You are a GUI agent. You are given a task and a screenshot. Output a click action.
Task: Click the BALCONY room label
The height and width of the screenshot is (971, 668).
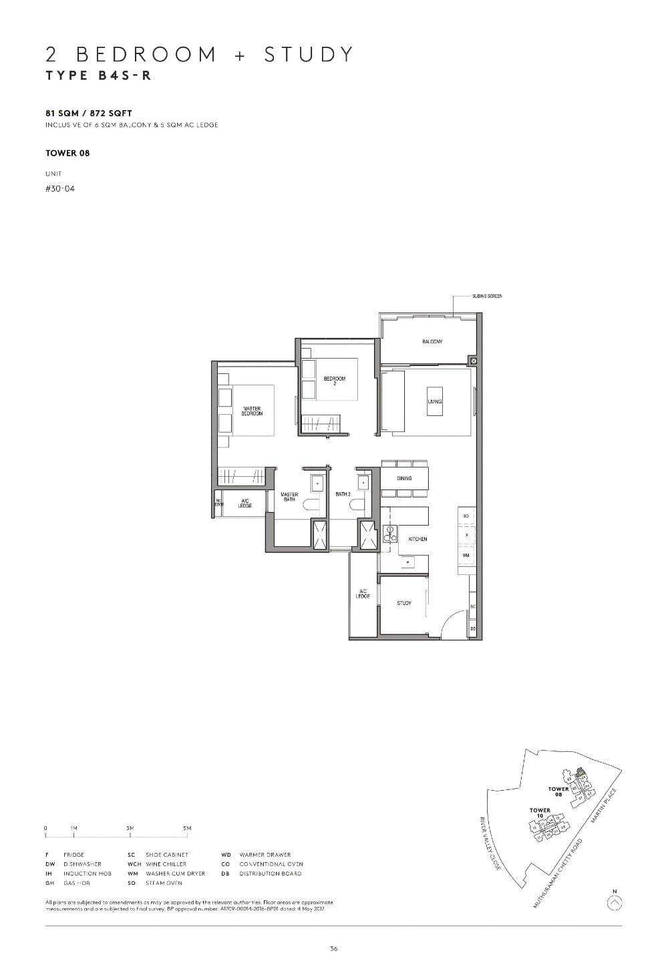[432, 342]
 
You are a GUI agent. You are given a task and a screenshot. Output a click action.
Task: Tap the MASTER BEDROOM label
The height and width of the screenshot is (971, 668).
[253, 411]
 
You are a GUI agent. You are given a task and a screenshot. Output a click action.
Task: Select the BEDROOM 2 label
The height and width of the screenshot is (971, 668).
[335, 381]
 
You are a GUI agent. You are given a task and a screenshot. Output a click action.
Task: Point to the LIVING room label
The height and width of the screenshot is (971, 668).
[435, 401]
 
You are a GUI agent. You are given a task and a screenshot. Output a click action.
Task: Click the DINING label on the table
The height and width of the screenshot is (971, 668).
[404, 478]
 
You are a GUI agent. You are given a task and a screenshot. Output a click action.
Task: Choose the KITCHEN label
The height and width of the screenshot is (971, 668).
[417, 539]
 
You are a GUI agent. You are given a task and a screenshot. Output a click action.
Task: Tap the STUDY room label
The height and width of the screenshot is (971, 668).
[404, 603]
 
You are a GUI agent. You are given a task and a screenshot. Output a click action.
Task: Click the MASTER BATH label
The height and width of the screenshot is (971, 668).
[289, 497]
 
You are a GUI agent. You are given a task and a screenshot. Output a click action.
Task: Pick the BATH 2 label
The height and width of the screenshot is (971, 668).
[343, 494]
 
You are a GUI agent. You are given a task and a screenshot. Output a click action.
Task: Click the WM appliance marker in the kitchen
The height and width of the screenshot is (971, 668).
[466, 555]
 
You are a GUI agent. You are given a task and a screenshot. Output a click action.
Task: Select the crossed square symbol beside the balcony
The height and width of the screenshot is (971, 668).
[474, 361]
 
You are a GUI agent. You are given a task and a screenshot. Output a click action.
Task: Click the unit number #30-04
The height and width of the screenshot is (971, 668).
[60, 189]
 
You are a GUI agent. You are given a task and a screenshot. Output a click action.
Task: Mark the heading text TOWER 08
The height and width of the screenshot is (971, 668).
[67, 153]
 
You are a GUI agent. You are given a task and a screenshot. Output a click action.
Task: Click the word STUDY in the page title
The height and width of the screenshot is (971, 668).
[308, 54]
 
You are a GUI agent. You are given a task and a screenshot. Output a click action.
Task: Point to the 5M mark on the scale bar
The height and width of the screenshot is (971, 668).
[187, 828]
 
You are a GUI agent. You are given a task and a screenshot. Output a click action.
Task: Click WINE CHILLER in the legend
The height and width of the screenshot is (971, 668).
[166, 864]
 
